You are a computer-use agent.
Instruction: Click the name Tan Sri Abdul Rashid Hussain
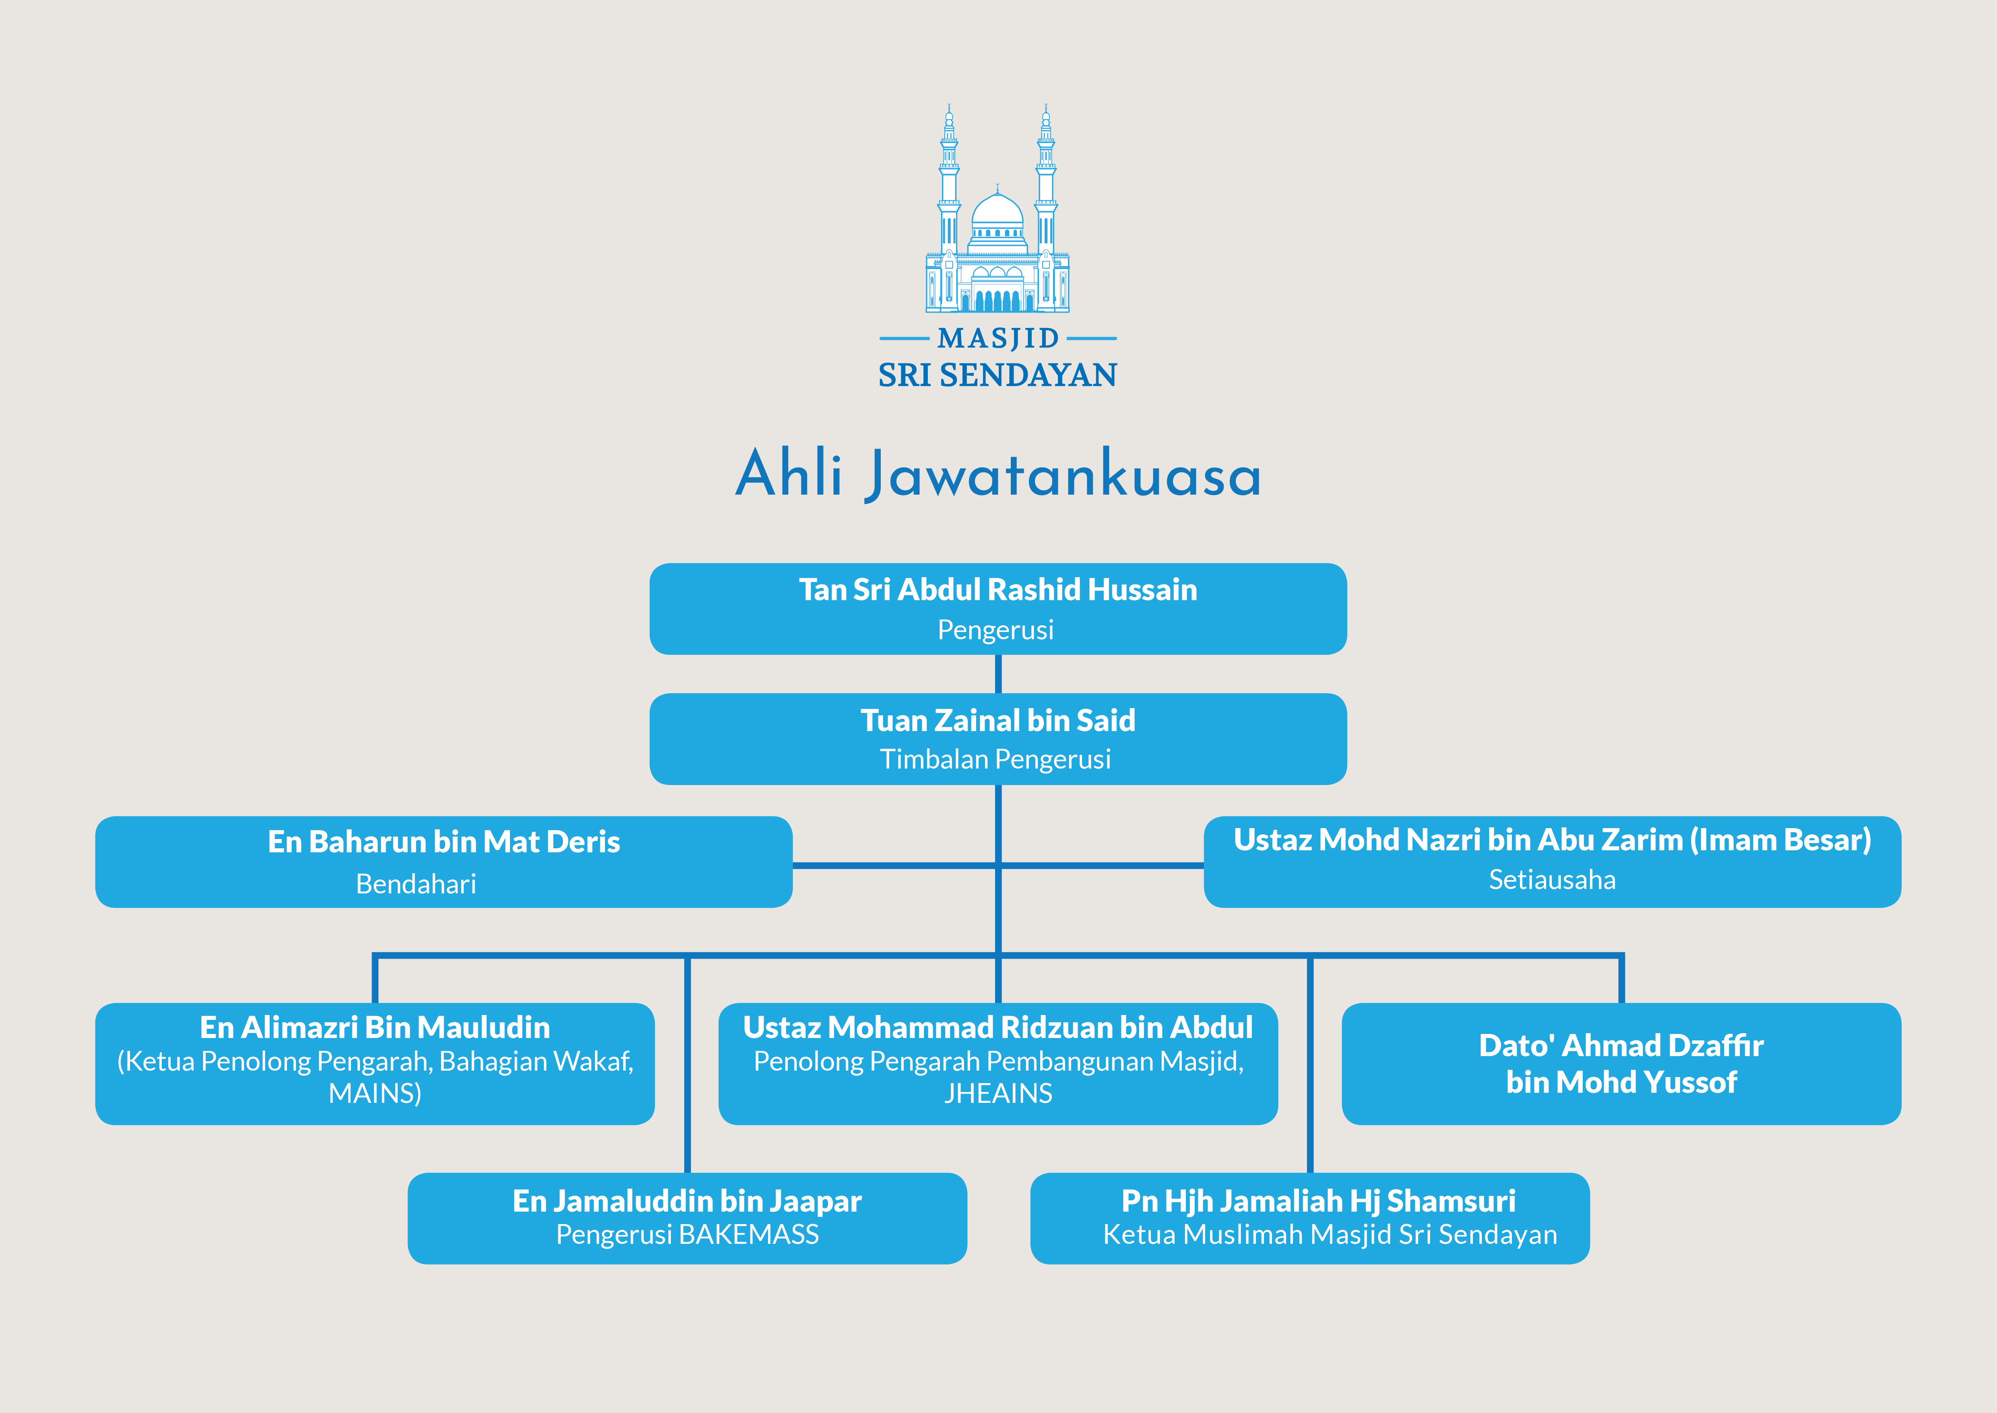tap(997, 590)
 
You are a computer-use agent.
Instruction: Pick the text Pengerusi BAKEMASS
tap(687, 1235)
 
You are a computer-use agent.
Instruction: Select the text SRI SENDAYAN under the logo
tap(997, 375)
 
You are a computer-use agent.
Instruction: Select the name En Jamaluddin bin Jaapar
tap(687, 1202)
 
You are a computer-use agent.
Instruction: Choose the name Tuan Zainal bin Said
tap(997, 721)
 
